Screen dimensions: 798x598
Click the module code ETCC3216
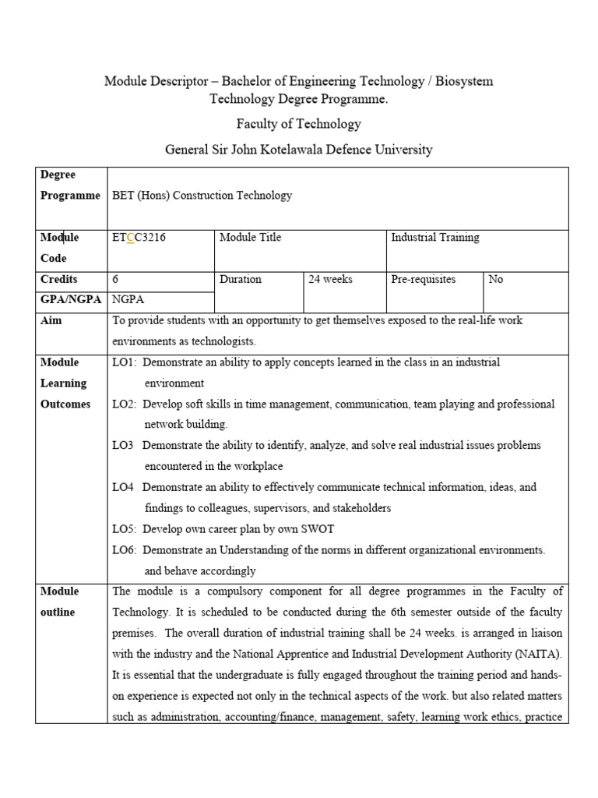point(139,238)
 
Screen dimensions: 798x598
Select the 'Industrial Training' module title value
point(434,238)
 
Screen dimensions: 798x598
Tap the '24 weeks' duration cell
point(330,279)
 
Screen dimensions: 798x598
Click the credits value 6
point(116,279)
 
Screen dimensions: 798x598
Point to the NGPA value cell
point(128,299)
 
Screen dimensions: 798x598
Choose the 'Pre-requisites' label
point(423,279)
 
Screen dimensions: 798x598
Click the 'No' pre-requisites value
point(495,279)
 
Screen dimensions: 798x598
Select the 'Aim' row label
point(51,320)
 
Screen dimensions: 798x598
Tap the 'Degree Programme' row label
point(70,185)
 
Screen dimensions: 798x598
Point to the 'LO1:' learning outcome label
point(125,362)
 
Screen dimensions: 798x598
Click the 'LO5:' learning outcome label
point(125,529)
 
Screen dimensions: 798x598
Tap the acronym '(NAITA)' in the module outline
point(541,655)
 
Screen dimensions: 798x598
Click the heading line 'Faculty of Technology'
point(299,124)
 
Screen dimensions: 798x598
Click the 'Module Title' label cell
point(251,238)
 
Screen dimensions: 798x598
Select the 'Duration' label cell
point(241,279)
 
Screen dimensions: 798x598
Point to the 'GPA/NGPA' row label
point(70,299)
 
